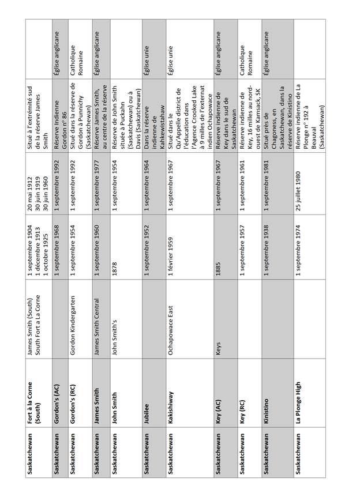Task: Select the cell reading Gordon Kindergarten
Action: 74,325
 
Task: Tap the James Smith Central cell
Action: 98,326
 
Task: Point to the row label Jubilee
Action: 147,416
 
